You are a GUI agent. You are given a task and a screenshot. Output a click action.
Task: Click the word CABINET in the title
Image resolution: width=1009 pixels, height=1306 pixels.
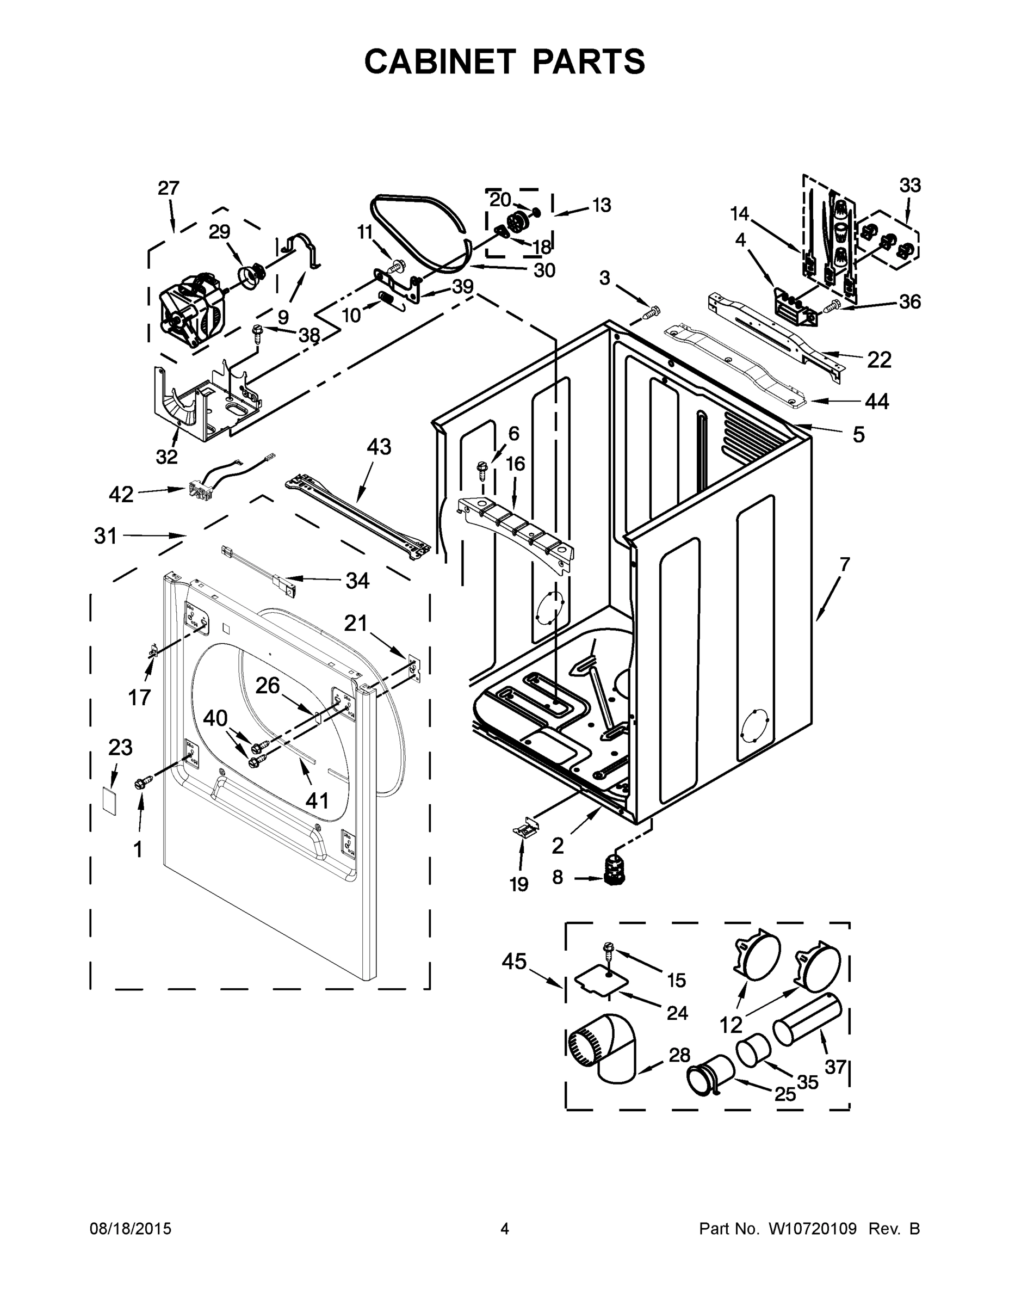click(x=439, y=61)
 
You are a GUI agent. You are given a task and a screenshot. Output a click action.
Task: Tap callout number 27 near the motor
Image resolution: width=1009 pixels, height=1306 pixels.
click(x=169, y=188)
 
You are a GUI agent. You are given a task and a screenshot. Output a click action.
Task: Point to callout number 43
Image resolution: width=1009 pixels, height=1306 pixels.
click(x=379, y=447)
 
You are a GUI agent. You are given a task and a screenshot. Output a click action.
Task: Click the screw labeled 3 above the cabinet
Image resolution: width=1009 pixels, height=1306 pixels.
click(x=652, y=312)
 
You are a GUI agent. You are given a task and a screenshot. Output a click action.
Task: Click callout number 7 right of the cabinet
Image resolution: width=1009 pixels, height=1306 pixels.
click(x=844, y=564)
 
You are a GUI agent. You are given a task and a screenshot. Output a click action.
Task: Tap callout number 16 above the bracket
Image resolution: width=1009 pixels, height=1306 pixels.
click(x=515, y=464)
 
